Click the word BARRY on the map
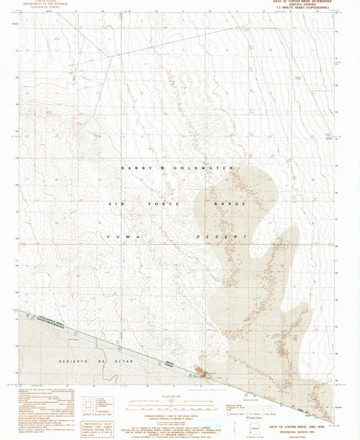tap(133, 167)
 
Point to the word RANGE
tap(230, 203)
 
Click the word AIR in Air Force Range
tap(115, 203)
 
